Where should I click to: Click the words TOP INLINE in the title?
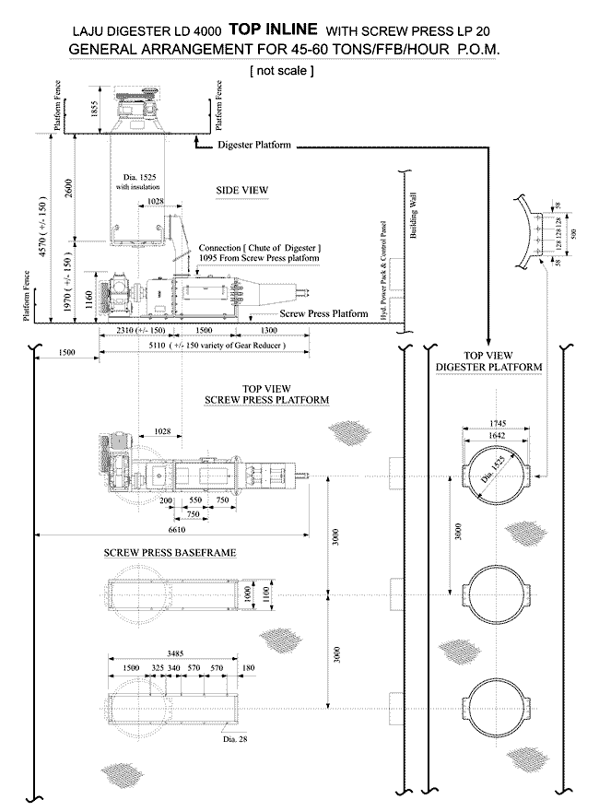tap(272, 29)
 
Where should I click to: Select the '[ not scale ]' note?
tap(281, 70)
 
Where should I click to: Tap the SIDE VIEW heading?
tap(241, 190)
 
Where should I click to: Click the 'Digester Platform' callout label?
tap(254, 146)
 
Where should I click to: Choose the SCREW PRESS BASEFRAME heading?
tap(170, 552)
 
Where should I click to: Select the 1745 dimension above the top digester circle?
tap(498, 423)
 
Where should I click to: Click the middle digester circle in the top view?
tap(498, 591)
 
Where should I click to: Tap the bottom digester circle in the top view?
tap(498, 703)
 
